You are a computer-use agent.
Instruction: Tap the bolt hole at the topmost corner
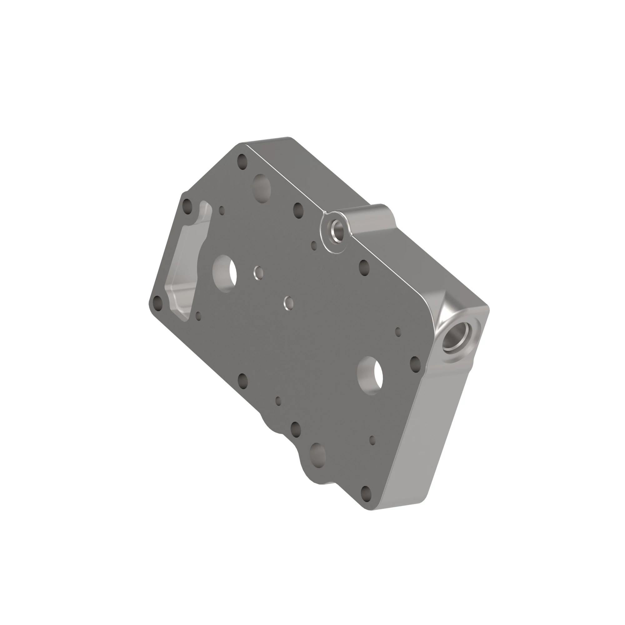coord(242,160)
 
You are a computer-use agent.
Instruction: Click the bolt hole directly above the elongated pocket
coord(187,206)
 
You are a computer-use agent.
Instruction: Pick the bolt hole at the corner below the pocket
coord(158,303)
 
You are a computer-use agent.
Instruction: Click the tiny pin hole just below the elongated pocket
coord(199,316)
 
